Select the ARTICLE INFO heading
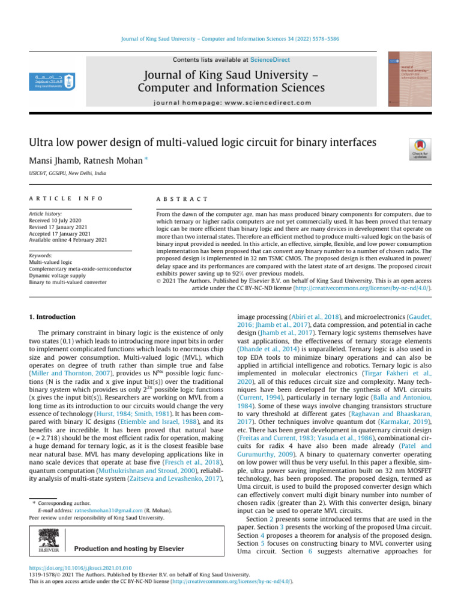pos(66,198)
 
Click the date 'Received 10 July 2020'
pos(58,220)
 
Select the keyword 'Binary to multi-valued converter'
pos(68,282)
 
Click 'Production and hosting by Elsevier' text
pos(129,549)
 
